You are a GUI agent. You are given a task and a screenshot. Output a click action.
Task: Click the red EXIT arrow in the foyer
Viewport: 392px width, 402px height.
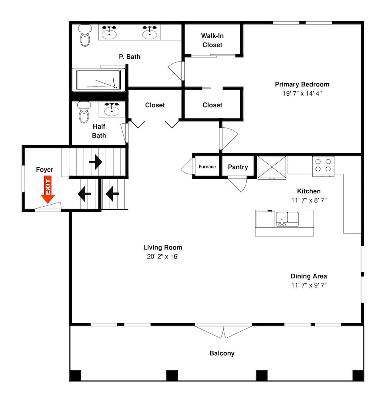point(48,189)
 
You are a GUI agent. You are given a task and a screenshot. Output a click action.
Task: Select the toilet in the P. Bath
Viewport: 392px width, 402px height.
point(85,35)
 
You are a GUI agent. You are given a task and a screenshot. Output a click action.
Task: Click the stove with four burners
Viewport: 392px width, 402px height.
point(323,166)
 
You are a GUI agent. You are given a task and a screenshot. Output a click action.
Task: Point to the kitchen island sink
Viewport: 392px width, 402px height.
point(287,219)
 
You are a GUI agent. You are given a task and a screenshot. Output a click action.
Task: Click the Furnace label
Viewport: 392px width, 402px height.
point(207,167)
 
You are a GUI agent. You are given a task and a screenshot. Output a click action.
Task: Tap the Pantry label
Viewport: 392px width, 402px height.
point(238,167)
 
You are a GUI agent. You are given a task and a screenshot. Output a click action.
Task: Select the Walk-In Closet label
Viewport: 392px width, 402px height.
point(213,40)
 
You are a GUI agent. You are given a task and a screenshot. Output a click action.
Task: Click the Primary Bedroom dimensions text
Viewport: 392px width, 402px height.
point(302,93)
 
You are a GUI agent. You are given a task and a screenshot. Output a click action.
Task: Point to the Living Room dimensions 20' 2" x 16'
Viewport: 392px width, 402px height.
point(163,256)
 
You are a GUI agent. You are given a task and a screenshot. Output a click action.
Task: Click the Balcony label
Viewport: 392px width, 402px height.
point(222,353)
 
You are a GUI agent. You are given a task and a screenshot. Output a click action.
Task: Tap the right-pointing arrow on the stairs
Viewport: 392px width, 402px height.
point(95,162)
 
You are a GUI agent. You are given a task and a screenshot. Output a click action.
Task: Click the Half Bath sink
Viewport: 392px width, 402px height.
point(111,109)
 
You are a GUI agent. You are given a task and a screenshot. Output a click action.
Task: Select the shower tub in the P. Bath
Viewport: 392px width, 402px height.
point(99,80)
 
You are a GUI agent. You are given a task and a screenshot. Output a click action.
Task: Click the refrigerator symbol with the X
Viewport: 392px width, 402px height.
point(272,167)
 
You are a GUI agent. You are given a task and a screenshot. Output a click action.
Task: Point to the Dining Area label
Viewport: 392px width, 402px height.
point(309,276)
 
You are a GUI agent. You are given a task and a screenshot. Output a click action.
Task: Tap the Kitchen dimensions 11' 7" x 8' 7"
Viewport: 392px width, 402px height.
point(309,200)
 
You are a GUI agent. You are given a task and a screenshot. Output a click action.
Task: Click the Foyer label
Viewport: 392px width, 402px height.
point(45,170)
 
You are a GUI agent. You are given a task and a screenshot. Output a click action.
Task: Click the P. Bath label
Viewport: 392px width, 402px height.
point(130,57)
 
